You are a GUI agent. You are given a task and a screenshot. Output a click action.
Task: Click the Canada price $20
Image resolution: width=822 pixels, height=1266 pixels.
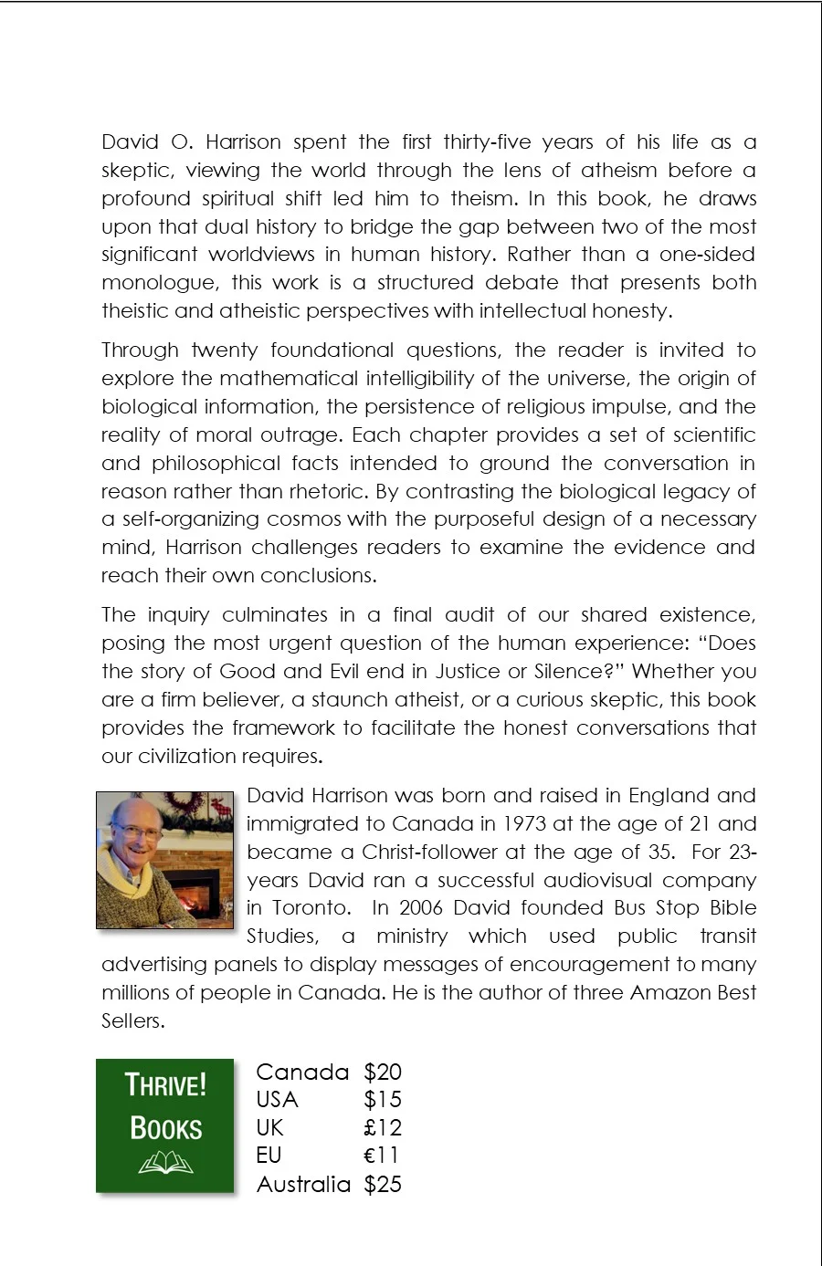click(382, 1072)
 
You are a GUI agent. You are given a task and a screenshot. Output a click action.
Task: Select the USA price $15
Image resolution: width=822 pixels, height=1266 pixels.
click(382, 1100)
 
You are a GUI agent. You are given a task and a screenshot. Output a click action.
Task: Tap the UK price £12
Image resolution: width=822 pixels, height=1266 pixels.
click(382, 1128)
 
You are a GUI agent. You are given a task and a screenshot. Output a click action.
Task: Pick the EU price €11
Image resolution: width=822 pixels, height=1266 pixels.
click(382, 1156)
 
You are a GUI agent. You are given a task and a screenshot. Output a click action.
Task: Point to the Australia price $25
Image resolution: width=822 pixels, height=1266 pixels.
click(382, 1184)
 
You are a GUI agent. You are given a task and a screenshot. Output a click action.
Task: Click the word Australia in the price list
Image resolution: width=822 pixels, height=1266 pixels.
click(303, 1184)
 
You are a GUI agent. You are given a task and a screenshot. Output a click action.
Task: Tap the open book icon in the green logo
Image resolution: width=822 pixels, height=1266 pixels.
click(165, 1164)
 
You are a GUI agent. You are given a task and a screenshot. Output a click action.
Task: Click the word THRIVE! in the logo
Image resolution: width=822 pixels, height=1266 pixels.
click(165, 1085)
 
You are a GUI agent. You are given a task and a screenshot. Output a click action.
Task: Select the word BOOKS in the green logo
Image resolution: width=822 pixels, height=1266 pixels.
click(165, 1128)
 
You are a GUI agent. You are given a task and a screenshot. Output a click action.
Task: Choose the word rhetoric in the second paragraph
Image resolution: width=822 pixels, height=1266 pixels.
click(332, 491)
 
